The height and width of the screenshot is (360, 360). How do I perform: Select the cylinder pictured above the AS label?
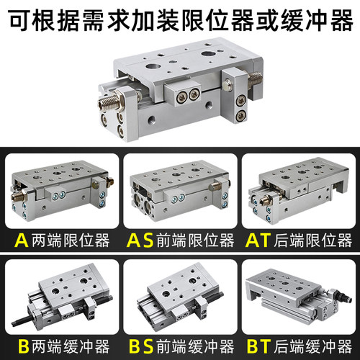point(178,191)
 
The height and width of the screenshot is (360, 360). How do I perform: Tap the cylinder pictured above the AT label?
point(297,191)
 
